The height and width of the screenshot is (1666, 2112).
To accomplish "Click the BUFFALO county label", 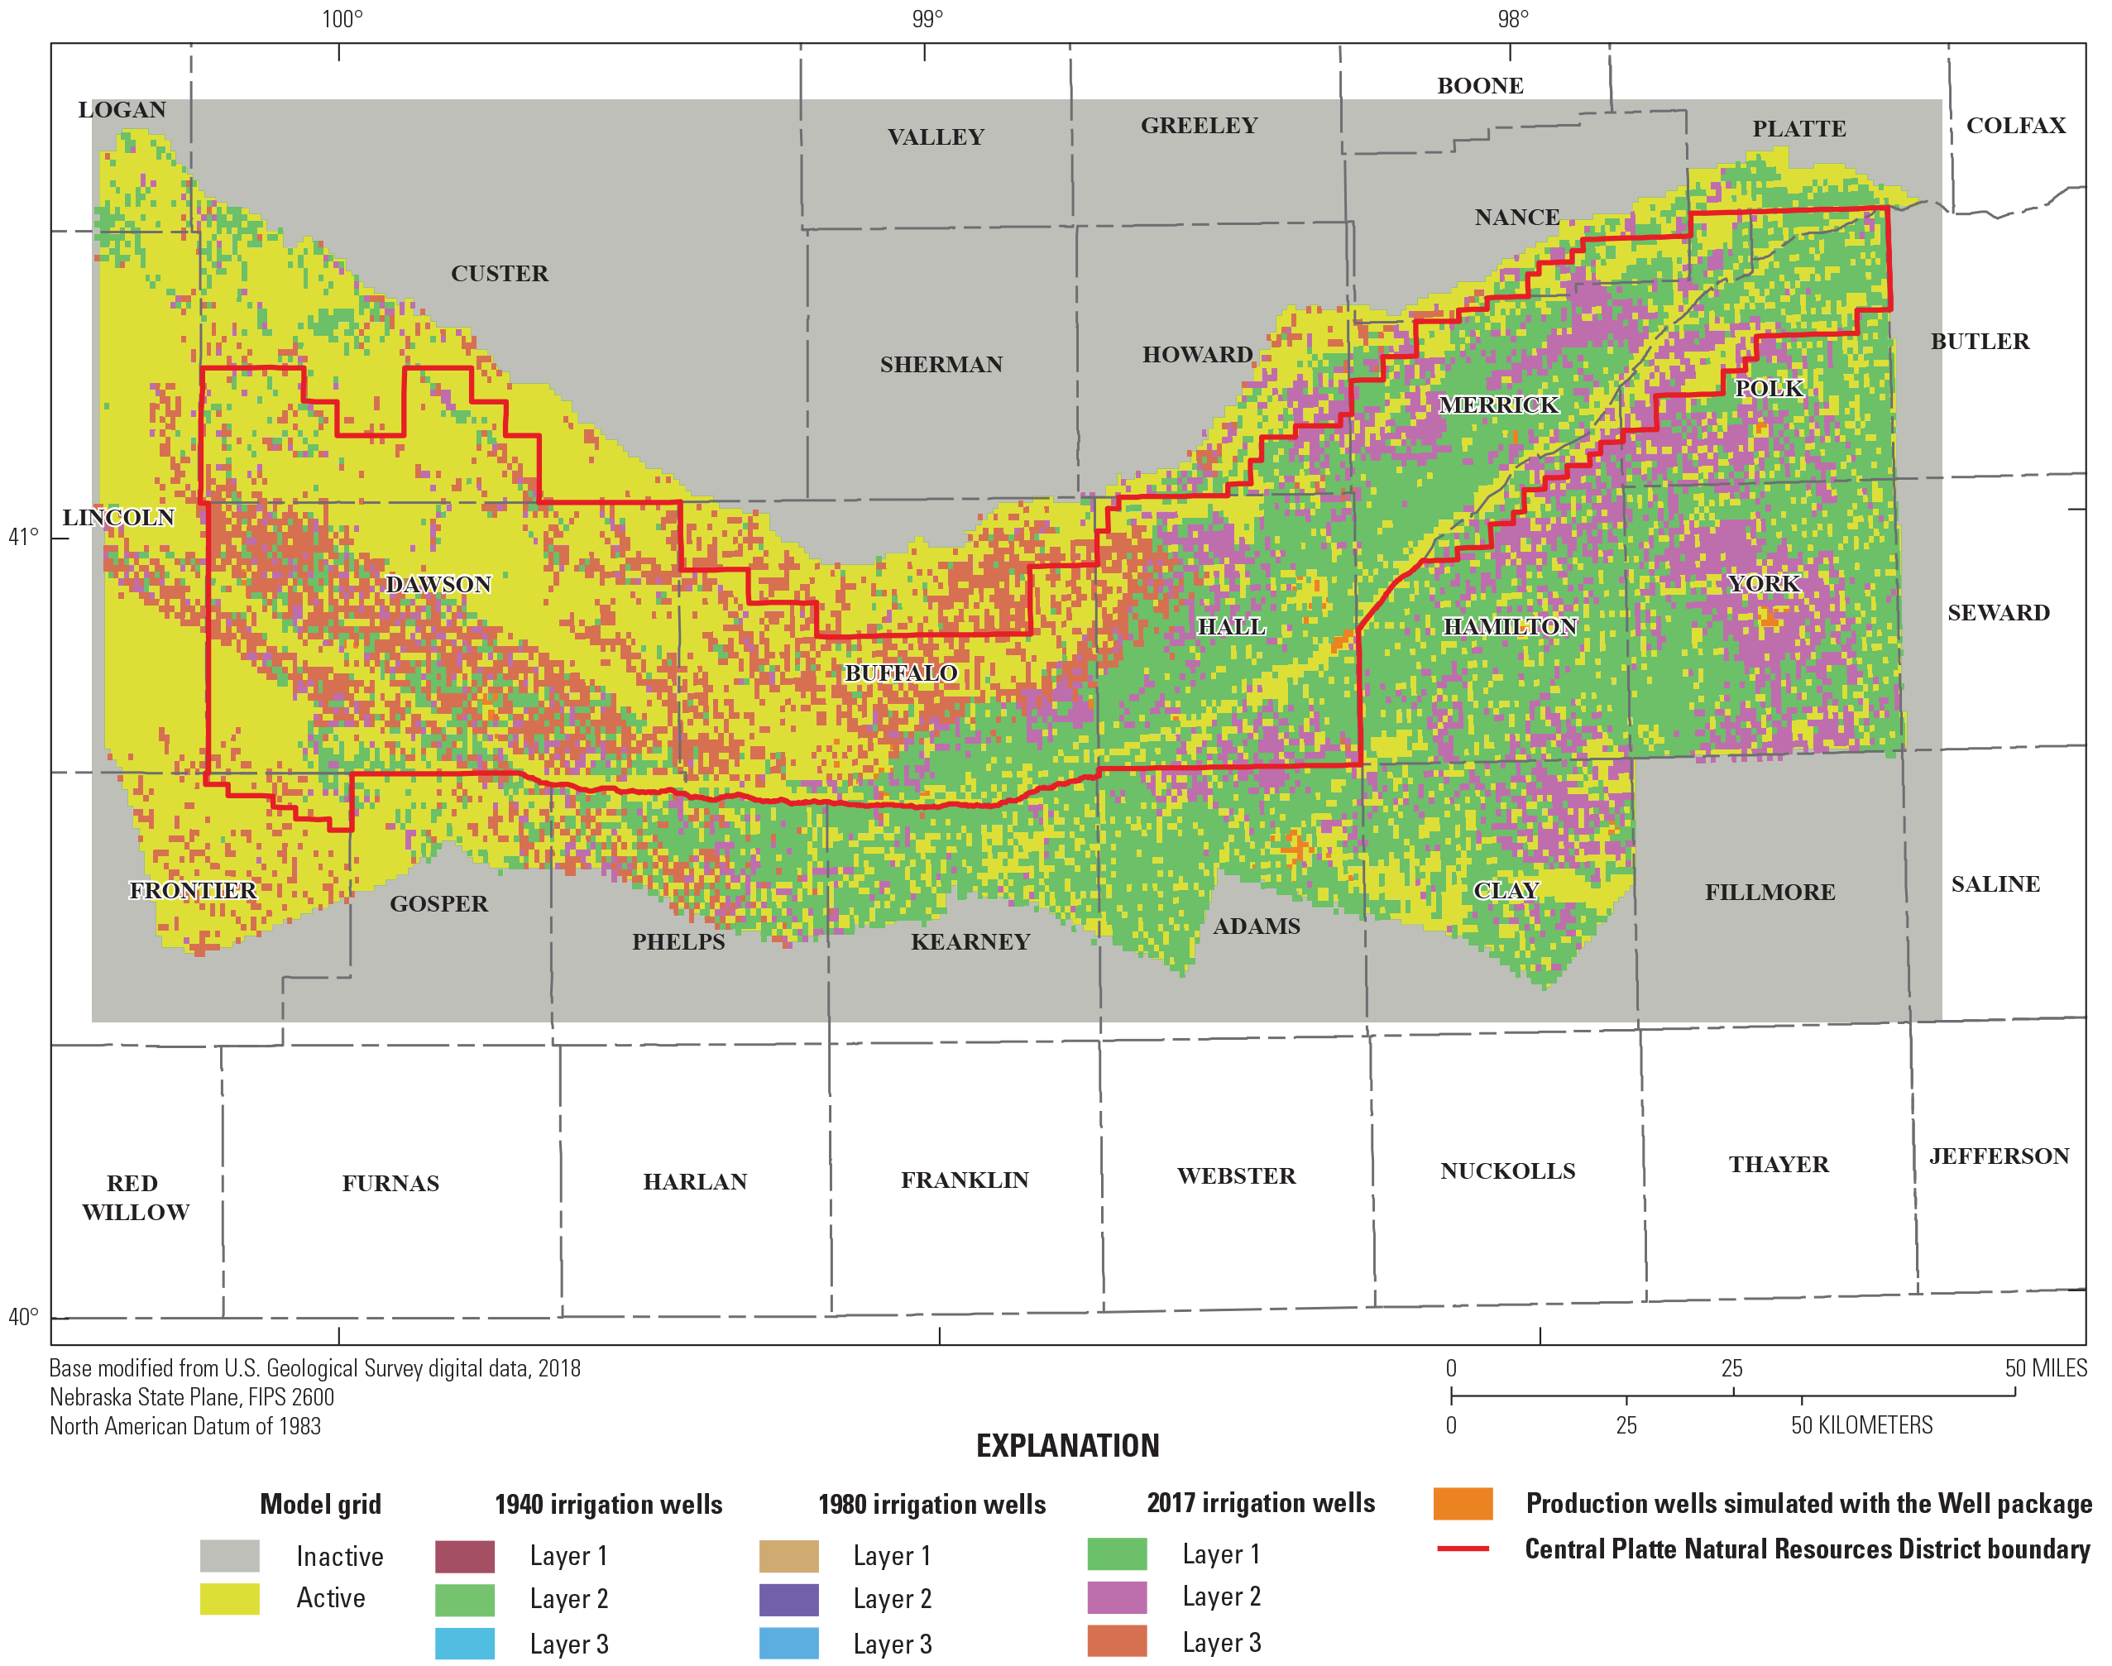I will click(899, 673).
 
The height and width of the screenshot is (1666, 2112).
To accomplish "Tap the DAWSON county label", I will click(438, 584).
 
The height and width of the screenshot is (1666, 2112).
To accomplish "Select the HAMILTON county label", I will click(1509, 626).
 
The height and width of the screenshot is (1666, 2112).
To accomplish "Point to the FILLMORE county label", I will click(1769, 892).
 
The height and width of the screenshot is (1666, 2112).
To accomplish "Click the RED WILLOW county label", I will click(135, 1197).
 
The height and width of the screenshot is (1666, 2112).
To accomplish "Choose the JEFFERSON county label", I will click(1998, 1156).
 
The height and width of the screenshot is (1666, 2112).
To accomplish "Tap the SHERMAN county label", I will click(941, 364).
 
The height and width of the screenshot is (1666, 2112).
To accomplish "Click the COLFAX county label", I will click(2015, 125).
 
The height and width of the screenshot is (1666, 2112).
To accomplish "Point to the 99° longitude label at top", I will click(927, 18).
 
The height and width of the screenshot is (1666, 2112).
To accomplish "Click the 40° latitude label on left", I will click(23, 1317).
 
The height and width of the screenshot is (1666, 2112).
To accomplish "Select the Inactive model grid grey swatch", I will click(229, 1556).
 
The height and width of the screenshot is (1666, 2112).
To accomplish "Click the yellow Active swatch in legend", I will click(229, 1599).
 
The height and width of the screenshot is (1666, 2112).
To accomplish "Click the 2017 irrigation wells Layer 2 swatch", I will click(1116, 1597).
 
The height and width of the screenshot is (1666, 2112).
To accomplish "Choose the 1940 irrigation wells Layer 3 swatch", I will click(464, 1644).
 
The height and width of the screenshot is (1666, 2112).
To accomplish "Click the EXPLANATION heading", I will click(1067, 1446).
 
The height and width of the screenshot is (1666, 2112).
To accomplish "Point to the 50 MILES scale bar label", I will click(2045, 1367).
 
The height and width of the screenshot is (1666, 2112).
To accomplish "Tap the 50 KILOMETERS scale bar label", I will click(1861, 1425).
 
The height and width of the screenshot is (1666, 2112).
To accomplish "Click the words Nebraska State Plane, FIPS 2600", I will click(192, 1397).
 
